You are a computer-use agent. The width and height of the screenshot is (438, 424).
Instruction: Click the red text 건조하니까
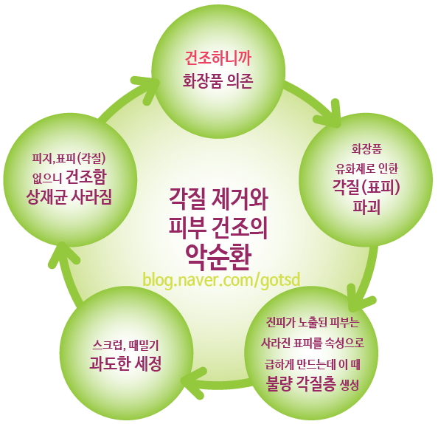point(218,58)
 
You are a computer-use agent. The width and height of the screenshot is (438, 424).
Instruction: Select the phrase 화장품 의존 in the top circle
point(218,81)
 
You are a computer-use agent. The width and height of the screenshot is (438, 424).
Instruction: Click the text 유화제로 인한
point(366,168)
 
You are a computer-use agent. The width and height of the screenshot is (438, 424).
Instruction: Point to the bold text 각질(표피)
point(366,188)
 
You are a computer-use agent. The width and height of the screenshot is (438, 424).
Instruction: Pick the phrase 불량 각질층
point(301,384)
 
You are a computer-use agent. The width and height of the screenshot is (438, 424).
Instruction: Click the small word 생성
point(349,386)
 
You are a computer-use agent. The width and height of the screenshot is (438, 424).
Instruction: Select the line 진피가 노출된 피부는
point(313,324)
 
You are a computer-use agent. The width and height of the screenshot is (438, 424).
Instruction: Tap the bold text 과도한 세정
point(125,363)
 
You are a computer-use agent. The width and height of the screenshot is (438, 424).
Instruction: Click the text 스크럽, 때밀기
point(125,346)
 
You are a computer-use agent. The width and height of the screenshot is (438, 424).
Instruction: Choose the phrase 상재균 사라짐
point(69,197)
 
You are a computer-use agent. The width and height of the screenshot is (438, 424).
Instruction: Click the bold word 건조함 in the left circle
point(86,177)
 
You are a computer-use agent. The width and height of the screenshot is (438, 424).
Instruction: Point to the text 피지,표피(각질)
point(69,159)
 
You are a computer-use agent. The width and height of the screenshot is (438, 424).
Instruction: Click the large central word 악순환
point(218,257)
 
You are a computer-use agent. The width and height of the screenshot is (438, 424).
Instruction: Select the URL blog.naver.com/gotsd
point(221,279)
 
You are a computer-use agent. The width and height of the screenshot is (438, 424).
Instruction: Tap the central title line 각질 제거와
point(218,200)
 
